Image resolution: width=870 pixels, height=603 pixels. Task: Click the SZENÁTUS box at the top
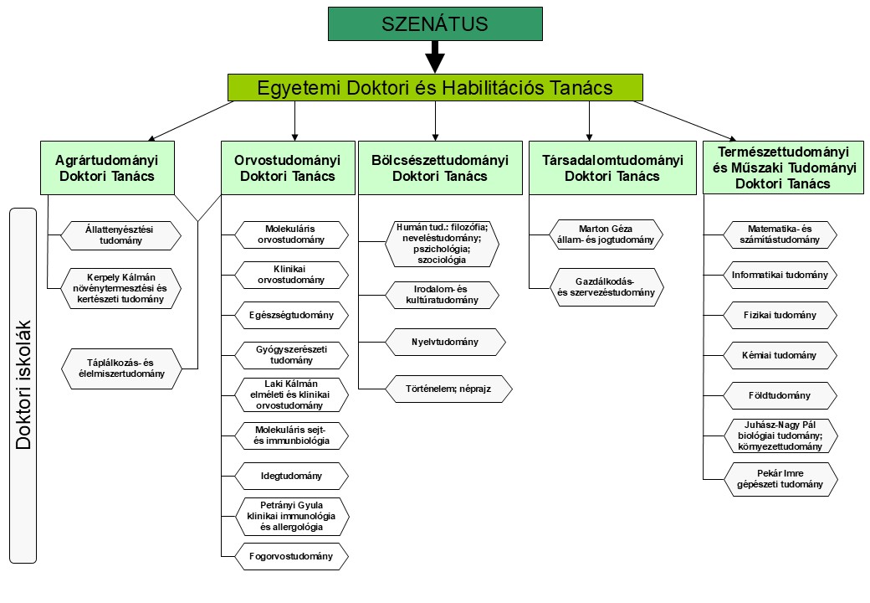click(434, 25)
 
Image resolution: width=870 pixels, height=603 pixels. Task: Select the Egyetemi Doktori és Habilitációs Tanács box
click(435, 87)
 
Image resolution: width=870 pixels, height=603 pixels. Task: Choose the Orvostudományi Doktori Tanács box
click(288, 167)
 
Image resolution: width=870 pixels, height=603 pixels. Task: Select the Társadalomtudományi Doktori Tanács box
click(612, 167)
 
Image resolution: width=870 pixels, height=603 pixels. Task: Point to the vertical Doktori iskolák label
click(23, 384)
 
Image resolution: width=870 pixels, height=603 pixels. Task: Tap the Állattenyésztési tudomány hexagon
click(121, 234)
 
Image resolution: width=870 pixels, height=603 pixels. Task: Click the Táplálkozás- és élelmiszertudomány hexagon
click(121, 368)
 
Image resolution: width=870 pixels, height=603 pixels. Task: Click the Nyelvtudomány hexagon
click(445, 342)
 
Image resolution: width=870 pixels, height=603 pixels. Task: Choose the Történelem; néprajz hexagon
click(445, 389)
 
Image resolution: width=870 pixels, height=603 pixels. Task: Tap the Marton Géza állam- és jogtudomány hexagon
click(606, 234)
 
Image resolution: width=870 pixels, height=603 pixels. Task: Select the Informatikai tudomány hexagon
click(780, 275)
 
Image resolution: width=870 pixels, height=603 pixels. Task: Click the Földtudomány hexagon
click(780, 395)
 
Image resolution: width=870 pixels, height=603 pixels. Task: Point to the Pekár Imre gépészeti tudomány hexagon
click(780, 479)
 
